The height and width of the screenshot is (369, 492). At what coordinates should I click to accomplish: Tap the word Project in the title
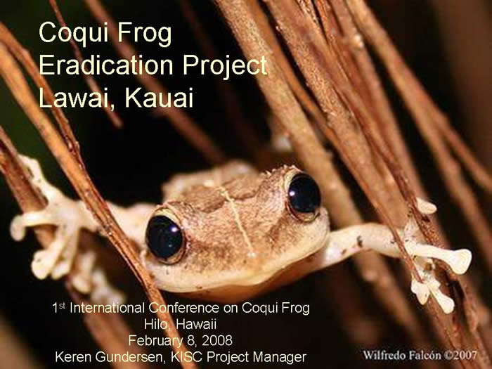(225, 67)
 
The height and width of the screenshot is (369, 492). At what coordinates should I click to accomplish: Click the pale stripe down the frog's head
(237, 219)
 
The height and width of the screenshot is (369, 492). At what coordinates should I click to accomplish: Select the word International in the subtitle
(107, 308)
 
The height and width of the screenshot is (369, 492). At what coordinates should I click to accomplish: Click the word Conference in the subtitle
(184, 308)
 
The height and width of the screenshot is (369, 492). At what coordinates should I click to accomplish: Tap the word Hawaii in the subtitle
(196, 324)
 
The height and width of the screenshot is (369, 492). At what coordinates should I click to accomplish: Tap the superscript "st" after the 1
(62, 305)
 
